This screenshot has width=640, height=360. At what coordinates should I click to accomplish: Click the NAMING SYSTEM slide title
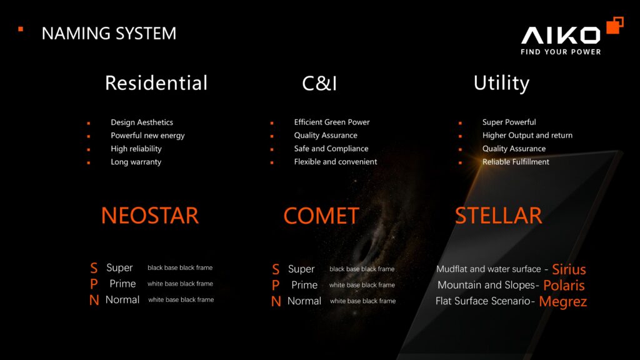point(109,33)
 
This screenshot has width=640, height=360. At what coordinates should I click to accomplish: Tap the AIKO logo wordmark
point(561,35)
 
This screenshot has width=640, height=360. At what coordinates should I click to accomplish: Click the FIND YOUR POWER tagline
point(561,52)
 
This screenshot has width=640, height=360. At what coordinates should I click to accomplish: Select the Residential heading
point(156,83)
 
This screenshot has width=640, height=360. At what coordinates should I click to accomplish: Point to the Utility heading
point(501,83)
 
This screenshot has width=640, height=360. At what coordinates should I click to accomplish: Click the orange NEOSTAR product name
point(150,216)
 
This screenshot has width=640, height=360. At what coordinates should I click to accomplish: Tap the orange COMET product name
point(321,216)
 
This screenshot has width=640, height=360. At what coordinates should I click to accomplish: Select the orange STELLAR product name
point(498,216)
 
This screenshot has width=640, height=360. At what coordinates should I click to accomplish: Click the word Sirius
point(569,269)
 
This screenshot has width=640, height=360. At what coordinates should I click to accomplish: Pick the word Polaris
point(564,286)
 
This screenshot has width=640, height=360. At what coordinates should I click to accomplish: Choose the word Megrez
point(562,302)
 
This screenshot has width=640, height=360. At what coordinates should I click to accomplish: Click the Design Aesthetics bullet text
point(142,122)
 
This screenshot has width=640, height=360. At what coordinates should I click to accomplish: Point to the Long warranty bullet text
point(136,162)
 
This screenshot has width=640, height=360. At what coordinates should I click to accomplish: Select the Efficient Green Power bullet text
point(332,122)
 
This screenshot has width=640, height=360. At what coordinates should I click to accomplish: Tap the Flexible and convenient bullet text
point(336,162)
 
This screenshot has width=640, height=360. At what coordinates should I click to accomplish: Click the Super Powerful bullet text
point(509,122)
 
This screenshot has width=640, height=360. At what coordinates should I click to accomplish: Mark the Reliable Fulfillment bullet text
point(516,162)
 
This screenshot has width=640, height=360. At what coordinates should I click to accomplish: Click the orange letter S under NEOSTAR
point(94,268)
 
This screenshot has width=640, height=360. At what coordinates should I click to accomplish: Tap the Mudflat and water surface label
point(488,269)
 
